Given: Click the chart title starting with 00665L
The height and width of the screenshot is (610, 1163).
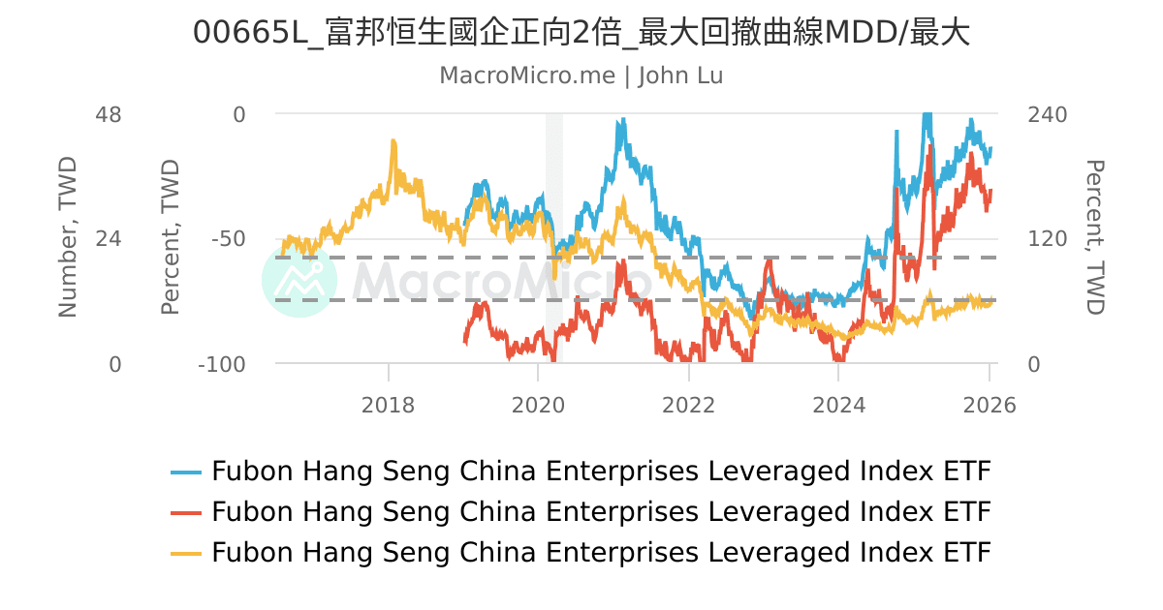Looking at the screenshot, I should coord(581,33).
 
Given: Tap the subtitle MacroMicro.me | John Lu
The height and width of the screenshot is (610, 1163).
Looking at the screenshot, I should coord(581,76).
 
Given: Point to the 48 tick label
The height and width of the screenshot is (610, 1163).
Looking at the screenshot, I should coord(109,114).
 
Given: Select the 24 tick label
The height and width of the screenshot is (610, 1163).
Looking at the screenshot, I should coord(109,239).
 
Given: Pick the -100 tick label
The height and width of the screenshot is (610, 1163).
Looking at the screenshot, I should coord(222,364).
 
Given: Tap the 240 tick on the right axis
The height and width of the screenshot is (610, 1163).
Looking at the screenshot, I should coord(1047,114).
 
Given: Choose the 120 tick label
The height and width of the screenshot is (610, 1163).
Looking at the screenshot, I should coord(1047,239).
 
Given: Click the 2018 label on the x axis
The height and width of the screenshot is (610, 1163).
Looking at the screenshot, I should coord(388,405).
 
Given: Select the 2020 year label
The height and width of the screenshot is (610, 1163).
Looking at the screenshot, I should coord(538,405).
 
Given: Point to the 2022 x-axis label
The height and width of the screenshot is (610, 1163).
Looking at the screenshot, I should coord(688,405).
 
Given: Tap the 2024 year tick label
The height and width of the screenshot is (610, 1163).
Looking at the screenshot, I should coord(839,405).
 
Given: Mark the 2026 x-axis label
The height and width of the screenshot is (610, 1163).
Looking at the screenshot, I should coord(989,405).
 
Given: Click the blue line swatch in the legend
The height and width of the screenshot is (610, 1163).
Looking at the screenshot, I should coord(186,473).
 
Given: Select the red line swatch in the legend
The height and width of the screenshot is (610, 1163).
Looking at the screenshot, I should coord(186,512).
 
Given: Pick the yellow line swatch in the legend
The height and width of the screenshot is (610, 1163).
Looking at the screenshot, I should coord(186,553).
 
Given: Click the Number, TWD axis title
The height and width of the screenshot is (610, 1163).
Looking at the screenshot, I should coord(68,237).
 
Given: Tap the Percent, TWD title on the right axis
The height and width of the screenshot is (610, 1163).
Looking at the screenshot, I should coord(1095,237).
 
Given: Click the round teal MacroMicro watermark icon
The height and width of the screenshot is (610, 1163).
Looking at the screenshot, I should coord(299,280).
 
